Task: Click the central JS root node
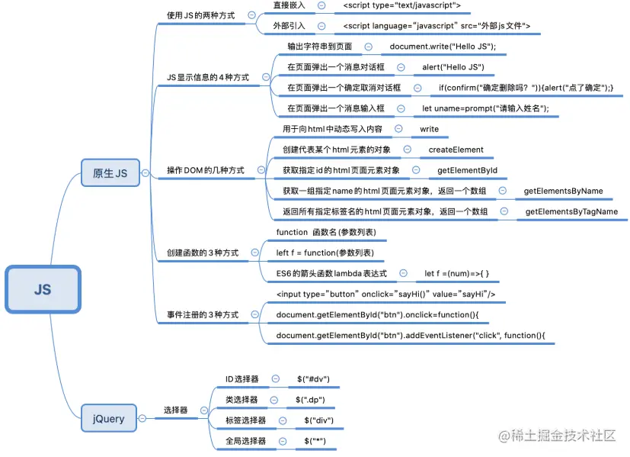pyautogui.click(x=43, y=289)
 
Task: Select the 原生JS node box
pyautogui.click(x=110, y=174)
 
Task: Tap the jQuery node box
pyautogui.click(x=109, y=418)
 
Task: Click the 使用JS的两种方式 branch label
pyautogui.click(x=200, y=15)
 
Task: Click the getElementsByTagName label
pyautogui.click(x=571, y=211)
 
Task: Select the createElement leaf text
pyautogui.click(x=456, y=150)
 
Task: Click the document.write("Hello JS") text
pyautogui.click(x=443, y=47)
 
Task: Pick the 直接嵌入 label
pyautogui.click(x=289, y=5)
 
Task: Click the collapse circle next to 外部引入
pyautogui.click(x=321, y=26)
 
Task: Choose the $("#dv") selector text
pyautogui.click(x=312, y=378)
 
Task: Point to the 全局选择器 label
pyautogui.click(x=245, y=441)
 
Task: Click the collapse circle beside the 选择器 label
pyautogui.click(x=203, y=410)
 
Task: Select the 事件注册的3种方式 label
pyautogui.click(x=203, y=314)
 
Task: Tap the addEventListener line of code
pyautogui.click(x=411, y=335)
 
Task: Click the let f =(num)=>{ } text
pyautogui.click(x=456, y=272)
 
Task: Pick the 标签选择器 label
pyautogui.click(x=245, y=420)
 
